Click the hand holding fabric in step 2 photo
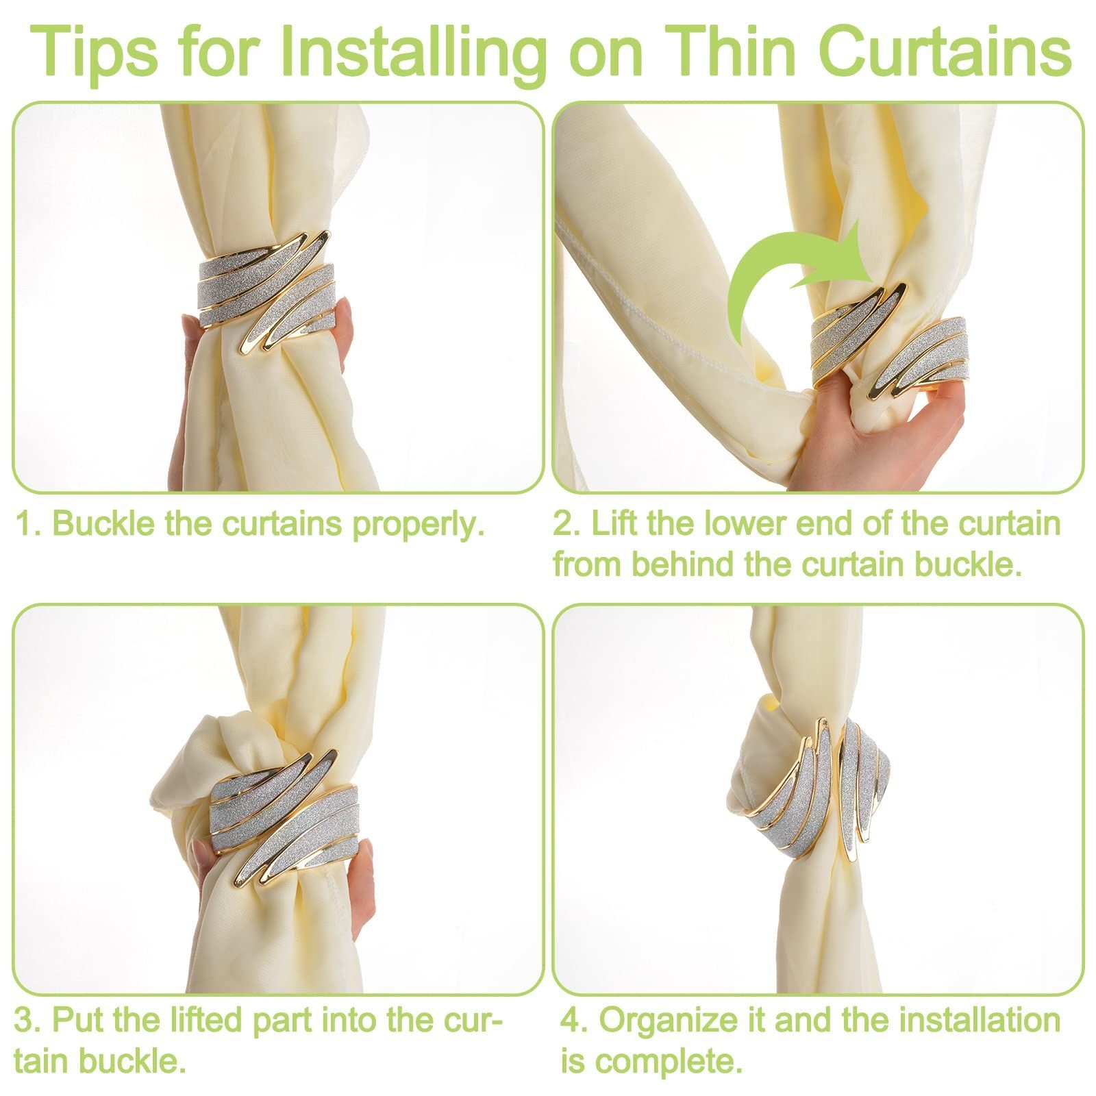click(877, 425)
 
